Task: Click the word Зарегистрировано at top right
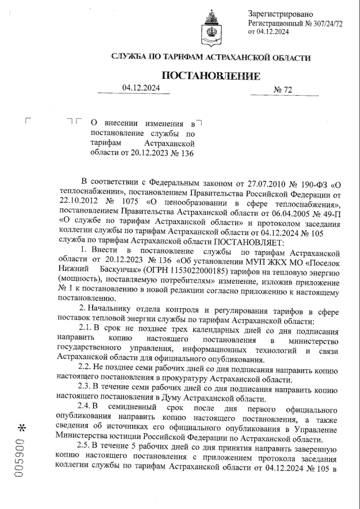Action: tap(280, 14)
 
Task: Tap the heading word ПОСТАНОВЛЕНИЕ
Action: tap(211, 76)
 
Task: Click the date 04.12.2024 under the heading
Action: tap(141, 88)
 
